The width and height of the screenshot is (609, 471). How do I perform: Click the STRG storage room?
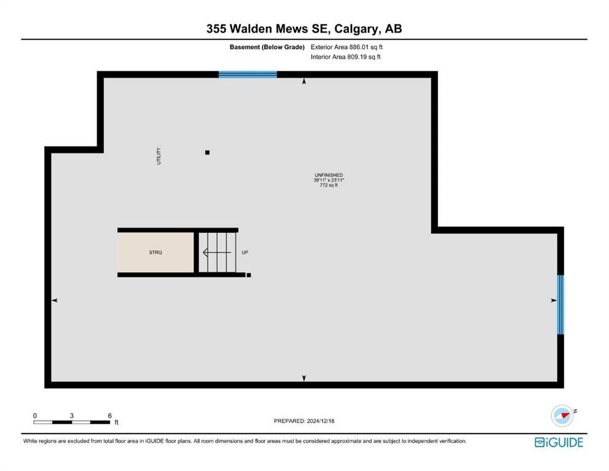pos(155,253)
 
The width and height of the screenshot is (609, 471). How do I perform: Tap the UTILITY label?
pos(158,156)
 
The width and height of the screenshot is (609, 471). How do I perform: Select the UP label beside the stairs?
pos(245,253)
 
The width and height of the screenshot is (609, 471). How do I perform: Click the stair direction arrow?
pos(217,253)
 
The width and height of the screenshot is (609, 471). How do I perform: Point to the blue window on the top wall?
pos(248,75)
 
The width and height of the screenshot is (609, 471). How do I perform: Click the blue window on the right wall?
pos(561,304)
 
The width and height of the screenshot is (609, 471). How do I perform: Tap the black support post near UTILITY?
pos(207,153)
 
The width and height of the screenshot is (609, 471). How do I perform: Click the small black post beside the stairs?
pos(248,275)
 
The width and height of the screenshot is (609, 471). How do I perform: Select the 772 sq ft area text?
pos(329,185)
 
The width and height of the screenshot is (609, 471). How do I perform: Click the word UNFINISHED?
pos(329,175)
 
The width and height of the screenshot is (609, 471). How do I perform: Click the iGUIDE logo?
pos(559,442)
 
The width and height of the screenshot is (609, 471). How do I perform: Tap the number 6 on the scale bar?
pos(110,415)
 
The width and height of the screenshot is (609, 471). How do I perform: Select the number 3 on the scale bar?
pos(72,415)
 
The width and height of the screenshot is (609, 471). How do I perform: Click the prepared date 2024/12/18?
pos(320,421)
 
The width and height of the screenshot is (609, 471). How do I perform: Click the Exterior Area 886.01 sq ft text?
pos(347,47)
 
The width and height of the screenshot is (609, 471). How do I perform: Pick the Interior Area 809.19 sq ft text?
pos(346,56)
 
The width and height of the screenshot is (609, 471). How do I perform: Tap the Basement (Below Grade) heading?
pos(267,47)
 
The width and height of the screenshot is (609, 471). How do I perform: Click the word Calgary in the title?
pos(354,29)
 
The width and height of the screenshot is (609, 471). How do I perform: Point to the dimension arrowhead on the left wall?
pos(55,300)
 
